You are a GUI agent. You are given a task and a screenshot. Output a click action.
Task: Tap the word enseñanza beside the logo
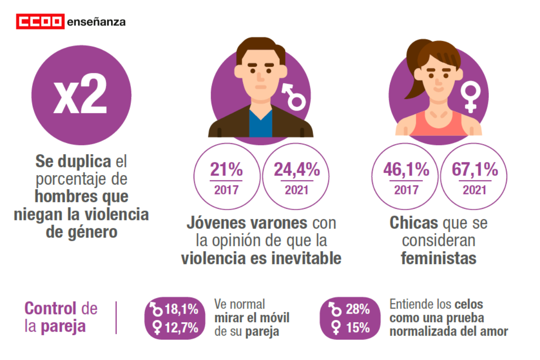click(x=96, y=22)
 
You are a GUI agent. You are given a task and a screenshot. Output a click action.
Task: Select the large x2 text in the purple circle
click(x=81, y=96)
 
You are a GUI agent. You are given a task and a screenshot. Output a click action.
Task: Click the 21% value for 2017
click(x=226, y=171)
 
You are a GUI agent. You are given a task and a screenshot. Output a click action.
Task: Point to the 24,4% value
click(x=297, y=171)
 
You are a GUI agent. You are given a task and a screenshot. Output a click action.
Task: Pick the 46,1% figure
click(x=406, y=171)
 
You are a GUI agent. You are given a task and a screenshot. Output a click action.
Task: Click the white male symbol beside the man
click(x=293, y=95)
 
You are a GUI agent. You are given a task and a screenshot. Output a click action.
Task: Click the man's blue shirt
click(x=261, y=124)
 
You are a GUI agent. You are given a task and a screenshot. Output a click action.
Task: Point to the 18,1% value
click(x=181, y=310)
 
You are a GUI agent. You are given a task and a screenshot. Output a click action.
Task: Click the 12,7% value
click(x=182, y=327)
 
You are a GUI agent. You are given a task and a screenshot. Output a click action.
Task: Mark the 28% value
click(x=357, y=310)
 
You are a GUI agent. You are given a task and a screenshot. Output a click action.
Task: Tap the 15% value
click(x=357, y=327)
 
